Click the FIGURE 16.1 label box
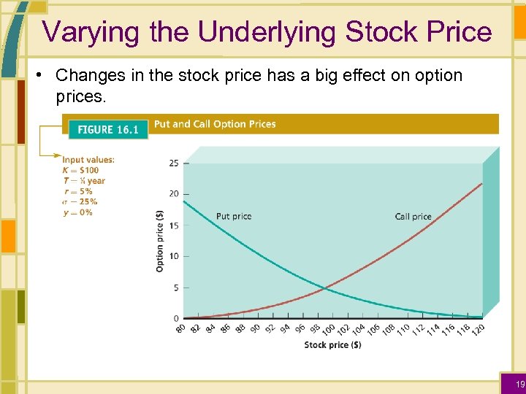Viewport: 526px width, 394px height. [107, 129]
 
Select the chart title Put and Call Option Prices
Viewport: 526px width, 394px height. [215, 124]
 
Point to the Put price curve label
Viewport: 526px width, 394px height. [234, 216]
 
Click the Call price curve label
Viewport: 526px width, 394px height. [413, 216]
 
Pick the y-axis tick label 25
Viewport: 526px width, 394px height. [173, 163]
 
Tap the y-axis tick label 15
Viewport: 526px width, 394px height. [173, 225]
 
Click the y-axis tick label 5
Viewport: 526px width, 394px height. [175, 287]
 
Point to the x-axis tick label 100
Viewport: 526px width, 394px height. [329, 330]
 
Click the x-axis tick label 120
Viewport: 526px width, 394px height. [478, 330]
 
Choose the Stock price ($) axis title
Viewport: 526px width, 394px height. [332, 345]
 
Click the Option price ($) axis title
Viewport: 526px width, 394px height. [160, 241]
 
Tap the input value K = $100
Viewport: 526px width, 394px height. [80, 170]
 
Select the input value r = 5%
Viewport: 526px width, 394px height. [77, 191]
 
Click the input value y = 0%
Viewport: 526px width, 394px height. [77, 212]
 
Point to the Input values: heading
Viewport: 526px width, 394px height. [88, 160]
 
